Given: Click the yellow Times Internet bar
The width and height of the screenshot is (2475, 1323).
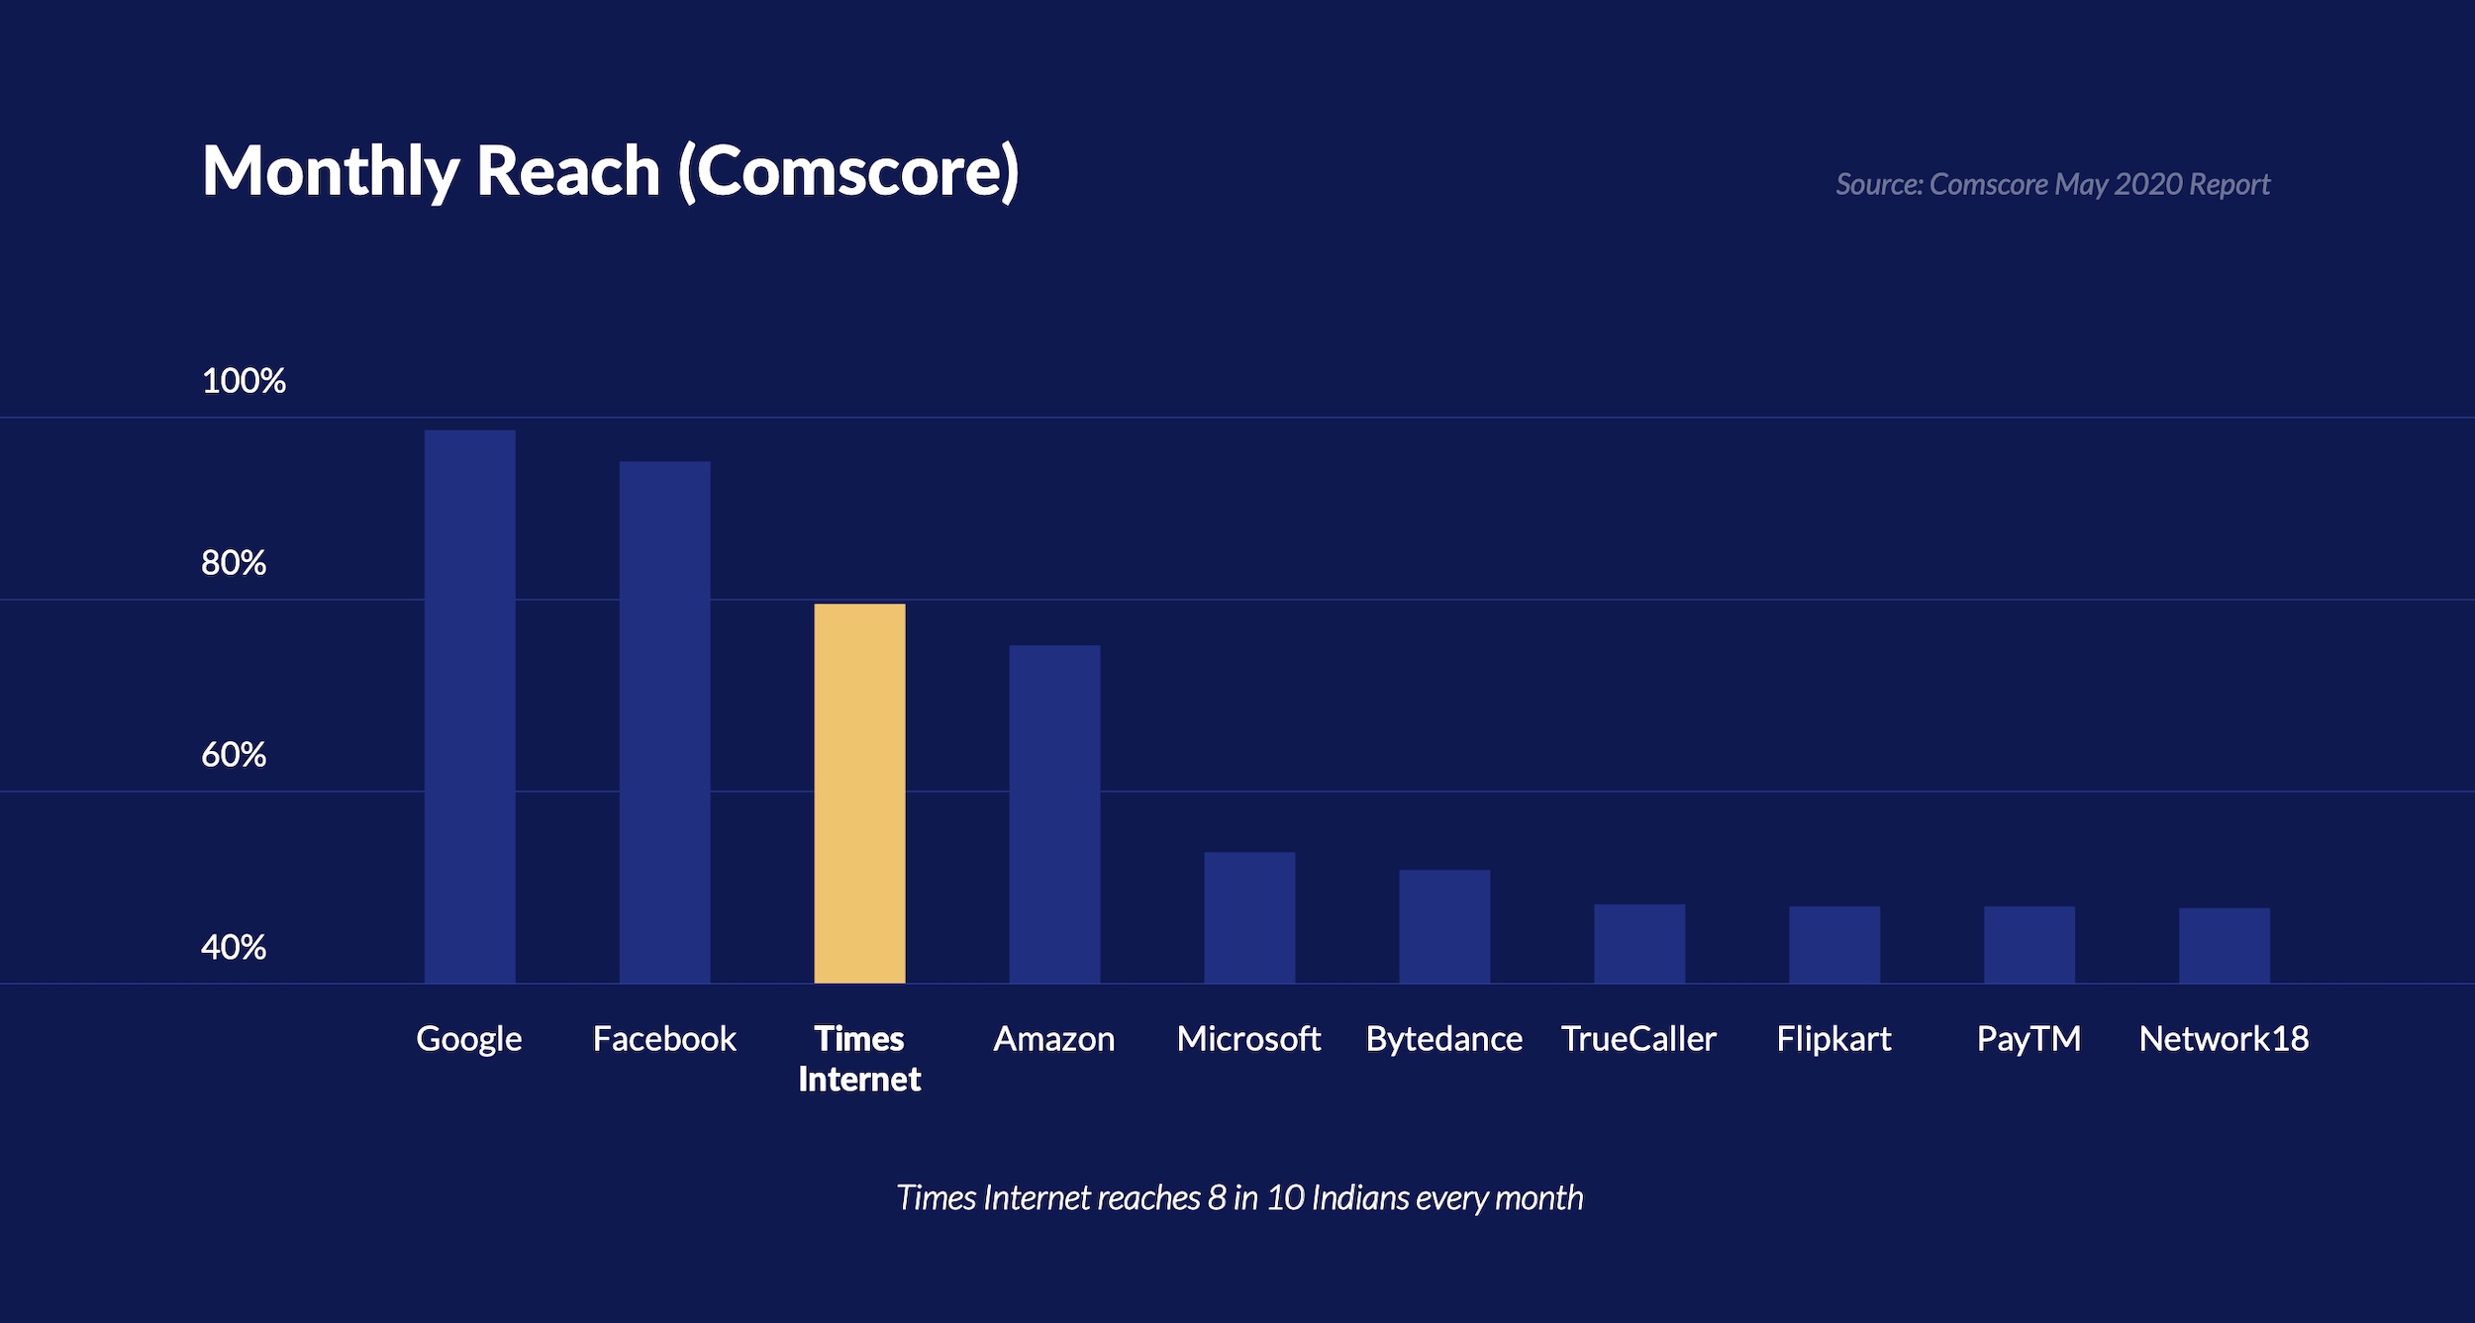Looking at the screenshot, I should coord(859,793).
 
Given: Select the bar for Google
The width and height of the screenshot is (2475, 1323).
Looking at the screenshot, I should coord(470,707).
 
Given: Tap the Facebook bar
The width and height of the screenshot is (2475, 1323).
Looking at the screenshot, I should coord(664,721).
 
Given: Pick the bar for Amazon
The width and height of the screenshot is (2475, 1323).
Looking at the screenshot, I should coord(1054,813).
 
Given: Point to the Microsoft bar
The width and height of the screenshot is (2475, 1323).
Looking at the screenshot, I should coord(1249,916).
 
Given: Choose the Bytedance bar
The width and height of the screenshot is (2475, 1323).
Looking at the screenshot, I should coord(1444,925).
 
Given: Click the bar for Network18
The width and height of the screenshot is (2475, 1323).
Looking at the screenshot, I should coord(2225,945).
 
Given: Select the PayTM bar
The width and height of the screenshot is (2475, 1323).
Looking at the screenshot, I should coord(2029,944).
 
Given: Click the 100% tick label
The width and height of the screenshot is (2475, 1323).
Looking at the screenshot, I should coord(244,381).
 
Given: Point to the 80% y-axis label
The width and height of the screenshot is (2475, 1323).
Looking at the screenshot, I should coord(234,563).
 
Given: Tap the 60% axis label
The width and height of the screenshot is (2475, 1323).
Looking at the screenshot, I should coord(234,755).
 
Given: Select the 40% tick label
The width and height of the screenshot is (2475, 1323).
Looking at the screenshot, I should coord(234,947).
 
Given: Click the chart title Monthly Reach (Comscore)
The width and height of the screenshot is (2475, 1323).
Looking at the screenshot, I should coord(610,171).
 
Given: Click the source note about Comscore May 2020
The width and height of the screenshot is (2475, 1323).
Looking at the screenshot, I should coord(2052,184).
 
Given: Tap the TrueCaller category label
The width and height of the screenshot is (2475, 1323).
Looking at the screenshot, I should coord(1638,1039).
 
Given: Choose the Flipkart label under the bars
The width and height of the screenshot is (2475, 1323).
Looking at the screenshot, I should coord(1833,1039).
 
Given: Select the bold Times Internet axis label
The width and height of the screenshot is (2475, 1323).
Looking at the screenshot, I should coord(859,1059).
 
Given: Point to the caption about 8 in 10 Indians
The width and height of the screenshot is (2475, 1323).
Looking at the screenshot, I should coord(1239,1197).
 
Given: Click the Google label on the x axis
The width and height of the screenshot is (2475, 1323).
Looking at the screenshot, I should coord(469,1039).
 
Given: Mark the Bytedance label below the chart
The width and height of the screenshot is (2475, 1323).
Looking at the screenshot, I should coord(1444,1039).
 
